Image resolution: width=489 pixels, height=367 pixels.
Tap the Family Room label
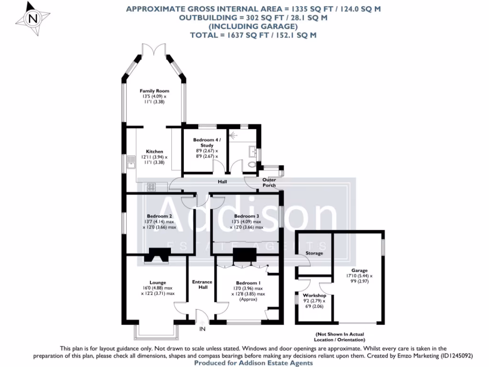click(x=154, y=91)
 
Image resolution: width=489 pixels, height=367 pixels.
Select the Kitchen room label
click(x=154, y=151)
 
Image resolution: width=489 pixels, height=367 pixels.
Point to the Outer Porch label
click(x=269, y=183)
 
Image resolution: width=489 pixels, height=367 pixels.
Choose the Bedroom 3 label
click(x=246, y=216)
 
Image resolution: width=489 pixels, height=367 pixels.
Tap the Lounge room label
click(x=158, y=282)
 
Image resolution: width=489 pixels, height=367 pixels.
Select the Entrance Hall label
click(x=202, y=284)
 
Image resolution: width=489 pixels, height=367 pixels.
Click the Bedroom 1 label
click(x=246, y=283)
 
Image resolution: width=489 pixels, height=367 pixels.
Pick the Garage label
click(x=359, y=270)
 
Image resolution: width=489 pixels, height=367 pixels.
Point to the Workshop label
click(x=314, y=295)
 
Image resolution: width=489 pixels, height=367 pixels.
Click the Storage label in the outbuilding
click(x=314, y=253)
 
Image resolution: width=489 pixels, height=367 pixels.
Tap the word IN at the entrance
click(x=202, y=329)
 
